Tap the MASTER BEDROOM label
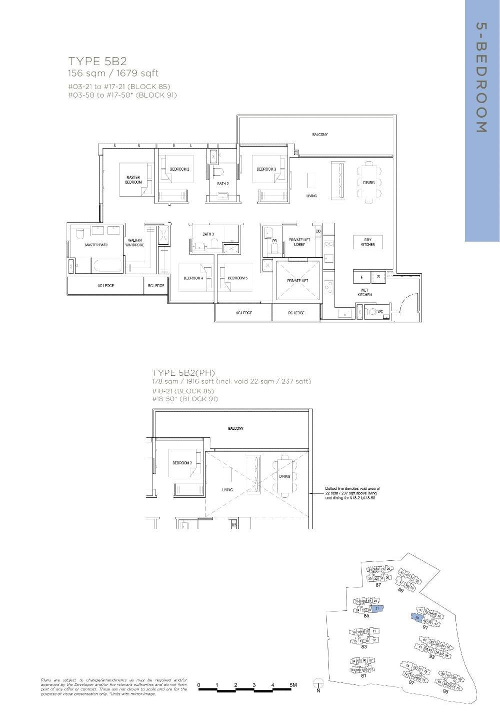coord(133,180)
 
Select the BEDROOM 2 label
coord(179,169)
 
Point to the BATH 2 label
coord(222,184)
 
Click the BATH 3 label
coord(208,234)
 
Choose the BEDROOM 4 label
coord(193,278)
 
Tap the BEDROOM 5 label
coord(237,278)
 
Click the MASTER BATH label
coord(96,245)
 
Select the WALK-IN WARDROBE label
coord(135,243)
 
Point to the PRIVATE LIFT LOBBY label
coord(299,242)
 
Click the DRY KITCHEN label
coord(368,242)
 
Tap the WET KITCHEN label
coord(364,292)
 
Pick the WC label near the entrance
coord(380,312)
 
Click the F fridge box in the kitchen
coord(361,277)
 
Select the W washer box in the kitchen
coord(378,277)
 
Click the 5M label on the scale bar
coord(292,684)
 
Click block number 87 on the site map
coord(378,585)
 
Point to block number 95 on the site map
coord(445,691)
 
